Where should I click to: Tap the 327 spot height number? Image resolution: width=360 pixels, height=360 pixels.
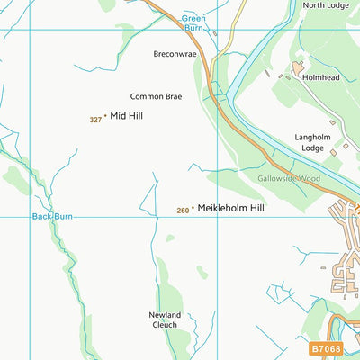pos(95,120)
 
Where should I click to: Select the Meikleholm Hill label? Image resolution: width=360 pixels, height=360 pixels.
pos(231,207)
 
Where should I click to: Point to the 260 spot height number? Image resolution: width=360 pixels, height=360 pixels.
pos(183,211)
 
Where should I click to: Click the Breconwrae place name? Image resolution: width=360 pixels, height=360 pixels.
pos(174,53)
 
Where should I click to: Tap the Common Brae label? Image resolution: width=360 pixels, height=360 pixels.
pos(156,96)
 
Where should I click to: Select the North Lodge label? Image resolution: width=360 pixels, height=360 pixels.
pos(325,5)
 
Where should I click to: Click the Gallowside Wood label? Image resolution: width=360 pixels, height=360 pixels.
pos(288,179)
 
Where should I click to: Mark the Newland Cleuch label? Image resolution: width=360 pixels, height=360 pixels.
pos(166,319)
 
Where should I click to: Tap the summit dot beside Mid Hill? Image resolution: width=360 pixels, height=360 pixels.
pos(106,116)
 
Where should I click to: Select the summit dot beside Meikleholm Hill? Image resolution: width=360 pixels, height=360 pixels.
pos(193,208)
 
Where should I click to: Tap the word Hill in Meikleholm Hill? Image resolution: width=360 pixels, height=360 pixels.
pos(257,207)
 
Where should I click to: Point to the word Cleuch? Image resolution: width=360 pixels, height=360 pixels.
pos(166,325)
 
